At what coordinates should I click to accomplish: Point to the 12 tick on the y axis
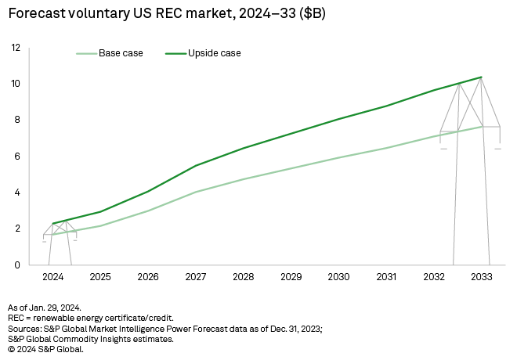(15, 48)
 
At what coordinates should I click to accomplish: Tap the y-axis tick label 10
(15, 84)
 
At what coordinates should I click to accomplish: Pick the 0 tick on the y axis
(17, 265)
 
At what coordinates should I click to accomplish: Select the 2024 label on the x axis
(52, 277)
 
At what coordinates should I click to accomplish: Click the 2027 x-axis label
(195, 277)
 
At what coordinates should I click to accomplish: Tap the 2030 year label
(338, 277)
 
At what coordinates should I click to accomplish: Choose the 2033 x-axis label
(480, 277)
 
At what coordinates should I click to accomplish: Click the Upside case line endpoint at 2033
(480, 77)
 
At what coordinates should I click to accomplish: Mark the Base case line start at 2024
(52, 234)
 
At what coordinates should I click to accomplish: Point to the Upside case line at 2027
(195, 166)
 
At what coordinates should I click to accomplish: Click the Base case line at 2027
(195, 192)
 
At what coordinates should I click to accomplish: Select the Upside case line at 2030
(338, 120)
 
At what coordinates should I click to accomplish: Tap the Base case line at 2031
(385, 148)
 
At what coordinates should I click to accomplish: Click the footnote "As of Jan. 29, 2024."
(49, 308)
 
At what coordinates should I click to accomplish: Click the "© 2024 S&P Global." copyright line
(45, 348)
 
